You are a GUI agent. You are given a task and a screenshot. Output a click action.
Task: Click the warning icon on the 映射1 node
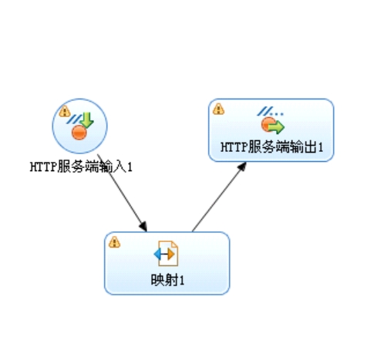tap(114, 242)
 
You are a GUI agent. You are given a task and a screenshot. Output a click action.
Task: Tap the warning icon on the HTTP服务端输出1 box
tap(218, 109)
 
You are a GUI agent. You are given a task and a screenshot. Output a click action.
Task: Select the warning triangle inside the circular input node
tap(65, 111)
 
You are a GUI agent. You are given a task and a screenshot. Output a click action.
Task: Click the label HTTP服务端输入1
tap(81, 167)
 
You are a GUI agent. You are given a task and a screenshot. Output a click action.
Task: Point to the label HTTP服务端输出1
tap(271, 147)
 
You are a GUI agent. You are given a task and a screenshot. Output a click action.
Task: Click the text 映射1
tap(167, 280)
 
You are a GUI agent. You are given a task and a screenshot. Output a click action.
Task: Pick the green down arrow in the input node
tap(87, 120)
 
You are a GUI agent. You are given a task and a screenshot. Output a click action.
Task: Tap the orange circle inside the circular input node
tap(79, 133)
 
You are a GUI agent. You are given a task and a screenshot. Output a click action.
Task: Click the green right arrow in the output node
tap(276, 127)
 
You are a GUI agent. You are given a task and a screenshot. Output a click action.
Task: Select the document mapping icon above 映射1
tap(167, 254)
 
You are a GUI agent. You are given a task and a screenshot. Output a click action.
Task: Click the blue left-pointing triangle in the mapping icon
tap(157, 254)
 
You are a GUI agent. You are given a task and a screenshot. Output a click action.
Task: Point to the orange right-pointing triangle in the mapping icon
tap(172, 254)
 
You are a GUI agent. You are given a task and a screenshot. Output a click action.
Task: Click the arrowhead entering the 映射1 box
tap(143, 226)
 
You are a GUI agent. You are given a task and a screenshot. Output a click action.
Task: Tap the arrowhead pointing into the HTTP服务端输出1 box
tap(242, 167)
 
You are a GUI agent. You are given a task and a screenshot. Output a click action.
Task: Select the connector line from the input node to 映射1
tap(122, 193)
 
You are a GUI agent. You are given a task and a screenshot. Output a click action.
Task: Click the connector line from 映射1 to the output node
tap(219, 197)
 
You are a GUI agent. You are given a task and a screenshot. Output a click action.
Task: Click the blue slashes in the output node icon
tap(264, 112)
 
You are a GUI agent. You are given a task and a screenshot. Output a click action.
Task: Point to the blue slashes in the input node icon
tap(75, 119)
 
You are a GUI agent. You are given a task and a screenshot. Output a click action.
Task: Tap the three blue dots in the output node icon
tap(277, 114)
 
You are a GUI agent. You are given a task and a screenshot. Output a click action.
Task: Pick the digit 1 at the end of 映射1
tap(181, 281)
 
